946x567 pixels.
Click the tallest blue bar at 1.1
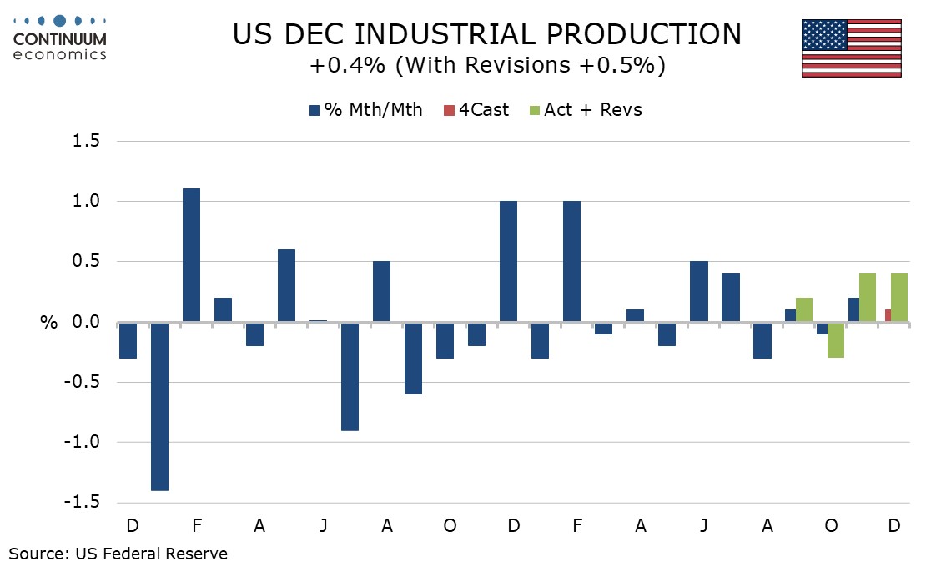(191, 255)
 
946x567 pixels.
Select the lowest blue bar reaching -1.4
(159, 406)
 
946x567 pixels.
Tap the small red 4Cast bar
(888, 315)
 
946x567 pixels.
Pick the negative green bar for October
(836, 340)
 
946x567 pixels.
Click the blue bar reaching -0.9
(350, 376)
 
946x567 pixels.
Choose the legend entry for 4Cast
(477, 110)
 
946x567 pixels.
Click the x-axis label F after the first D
(196, 527)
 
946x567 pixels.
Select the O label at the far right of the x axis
(832, 527)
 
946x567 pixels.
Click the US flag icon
(851, 48)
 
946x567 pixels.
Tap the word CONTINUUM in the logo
(60, 39)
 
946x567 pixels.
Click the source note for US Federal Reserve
(118, 553)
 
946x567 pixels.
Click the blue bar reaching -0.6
(413, 358)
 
